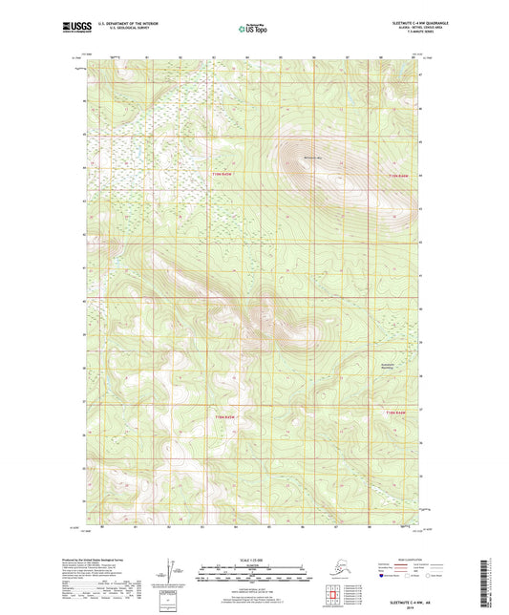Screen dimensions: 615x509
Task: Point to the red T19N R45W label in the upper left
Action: click(222, 176)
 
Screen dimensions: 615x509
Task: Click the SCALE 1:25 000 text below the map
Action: click(251, 558)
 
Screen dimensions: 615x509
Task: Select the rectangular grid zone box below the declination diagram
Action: click(170, 600)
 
